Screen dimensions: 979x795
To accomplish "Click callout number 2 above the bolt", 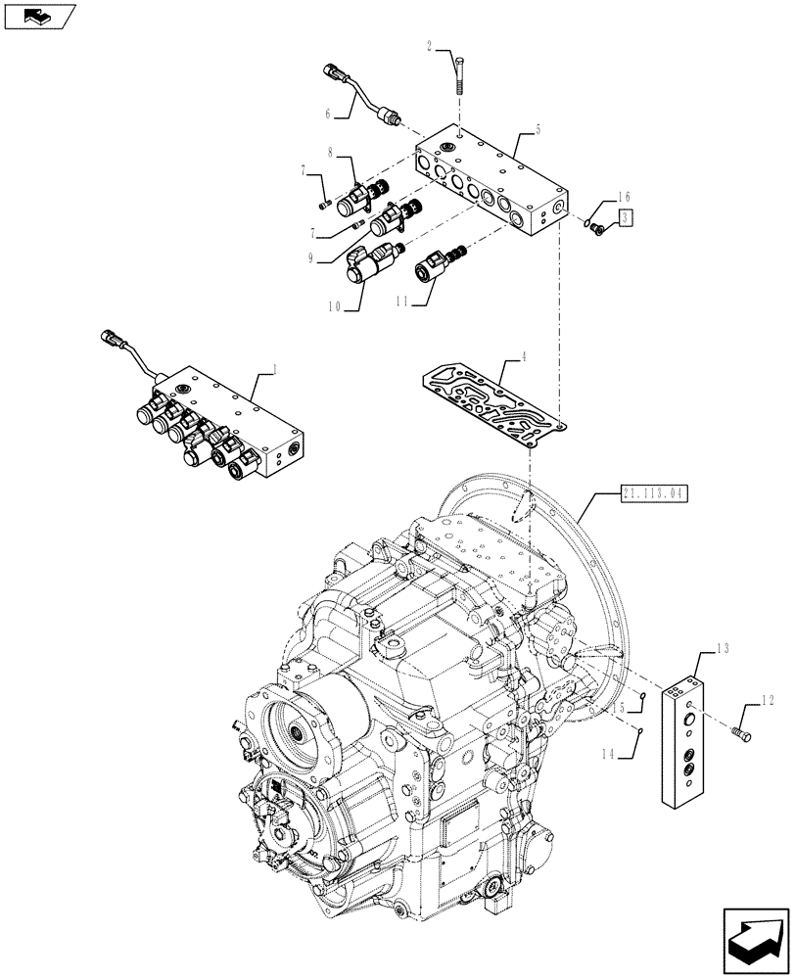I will point(429,46).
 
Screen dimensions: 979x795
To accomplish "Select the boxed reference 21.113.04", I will point(654,492).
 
